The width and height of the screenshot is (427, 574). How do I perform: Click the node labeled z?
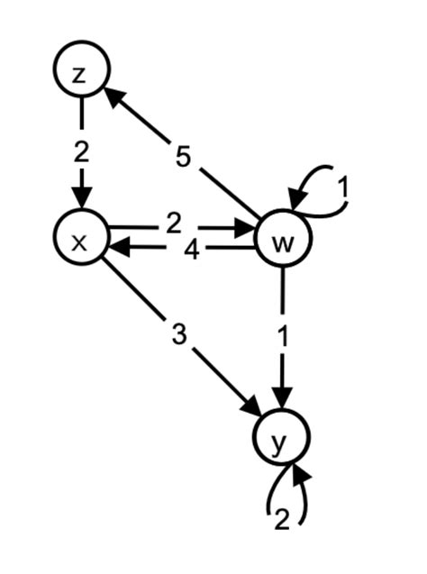80,73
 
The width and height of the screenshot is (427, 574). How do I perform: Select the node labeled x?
80,240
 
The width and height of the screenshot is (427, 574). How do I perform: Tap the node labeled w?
284,241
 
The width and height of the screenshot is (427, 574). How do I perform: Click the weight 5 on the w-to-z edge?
183,159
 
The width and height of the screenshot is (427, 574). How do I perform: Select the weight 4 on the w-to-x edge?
191,251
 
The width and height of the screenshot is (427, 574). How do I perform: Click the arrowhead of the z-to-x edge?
82,200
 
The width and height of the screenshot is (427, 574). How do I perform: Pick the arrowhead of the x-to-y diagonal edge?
253,410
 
